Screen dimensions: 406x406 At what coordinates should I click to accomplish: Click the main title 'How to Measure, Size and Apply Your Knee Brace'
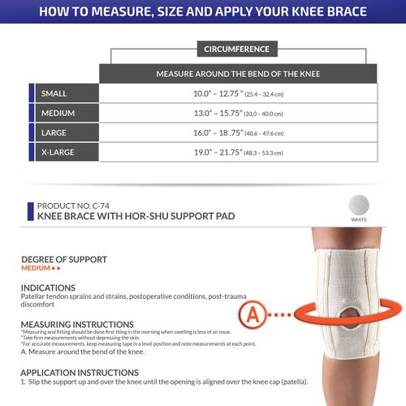point(203,12)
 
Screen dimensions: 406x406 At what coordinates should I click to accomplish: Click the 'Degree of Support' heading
point(64,260)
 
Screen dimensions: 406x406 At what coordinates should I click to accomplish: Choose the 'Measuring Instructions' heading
point(77,324)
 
